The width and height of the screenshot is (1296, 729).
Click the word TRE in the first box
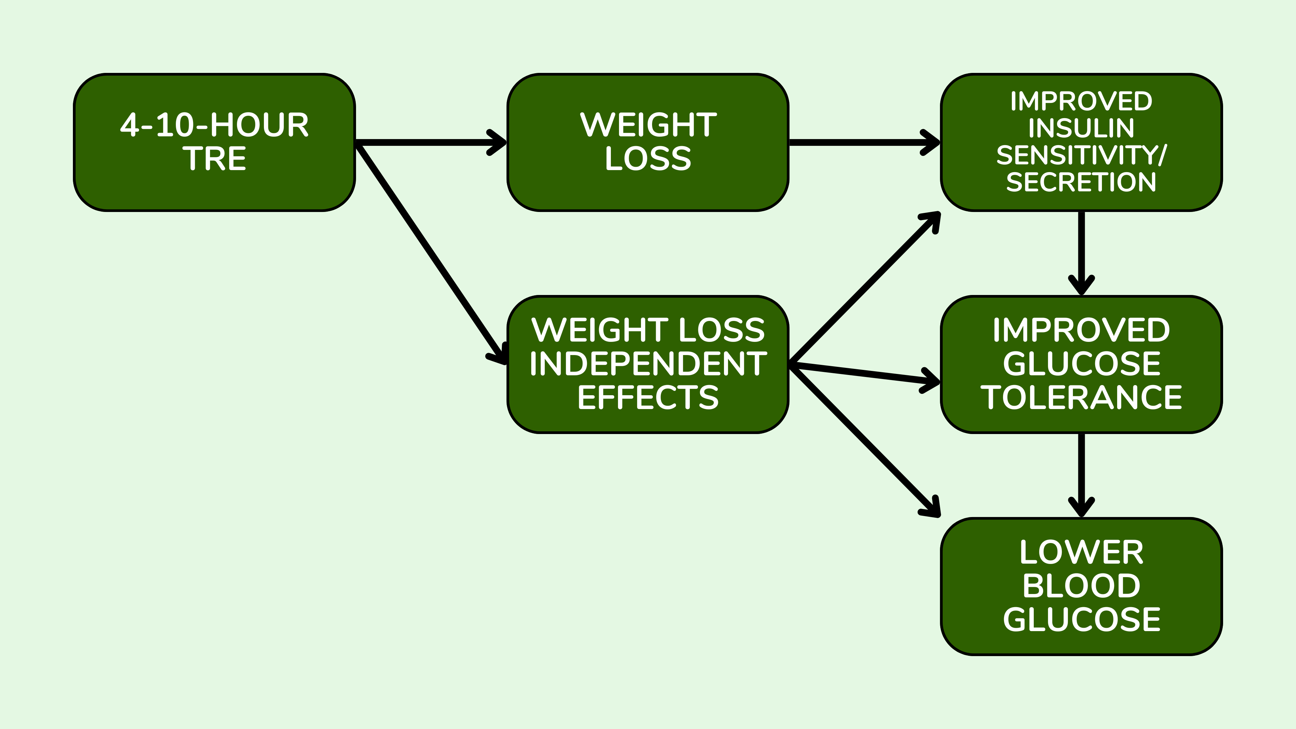point(214,159)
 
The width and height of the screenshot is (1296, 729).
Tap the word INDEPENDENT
point(648,364)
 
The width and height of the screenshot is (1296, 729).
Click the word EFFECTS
point(648,398)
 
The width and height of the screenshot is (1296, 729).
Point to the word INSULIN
point(1081,128)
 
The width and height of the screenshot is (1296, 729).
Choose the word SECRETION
point(1081,182)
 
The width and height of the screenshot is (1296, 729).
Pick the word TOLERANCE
point(1081,398)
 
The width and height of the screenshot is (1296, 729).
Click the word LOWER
point(1081,552)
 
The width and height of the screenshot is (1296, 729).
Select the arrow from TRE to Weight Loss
point(430,142)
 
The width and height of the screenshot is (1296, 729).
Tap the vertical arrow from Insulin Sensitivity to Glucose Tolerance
point(1081,251)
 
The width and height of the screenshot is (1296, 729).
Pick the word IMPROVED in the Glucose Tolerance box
point(1081,330)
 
